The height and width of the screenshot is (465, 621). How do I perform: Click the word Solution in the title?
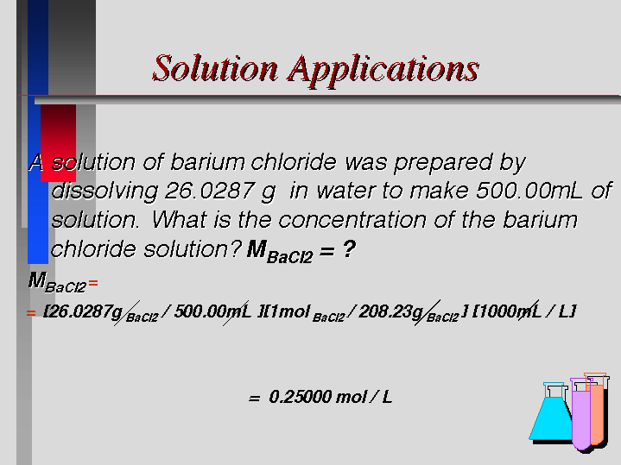pyautogui.click(x=215, y=68)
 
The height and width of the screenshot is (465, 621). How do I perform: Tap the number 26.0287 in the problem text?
pyautogui.click(x=209, y=191)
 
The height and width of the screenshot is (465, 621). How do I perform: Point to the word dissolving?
pyautogui.click(x=105, y=192)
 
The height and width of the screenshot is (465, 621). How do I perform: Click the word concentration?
pyautogui.click(x=352, y=220)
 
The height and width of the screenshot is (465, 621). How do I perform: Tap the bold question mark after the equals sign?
pyautogui.click(x=349, y=249)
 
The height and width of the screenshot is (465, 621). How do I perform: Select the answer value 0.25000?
pyautogui.click(x=301, y=397)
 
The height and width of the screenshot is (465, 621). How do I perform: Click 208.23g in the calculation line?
pyautogui.click(x=390, y=311)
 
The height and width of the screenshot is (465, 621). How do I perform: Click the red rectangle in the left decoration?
pyautogui.click(x=58, y=143)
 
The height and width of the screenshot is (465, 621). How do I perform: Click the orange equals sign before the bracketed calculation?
pyautogui.click(x=31, y=313)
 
